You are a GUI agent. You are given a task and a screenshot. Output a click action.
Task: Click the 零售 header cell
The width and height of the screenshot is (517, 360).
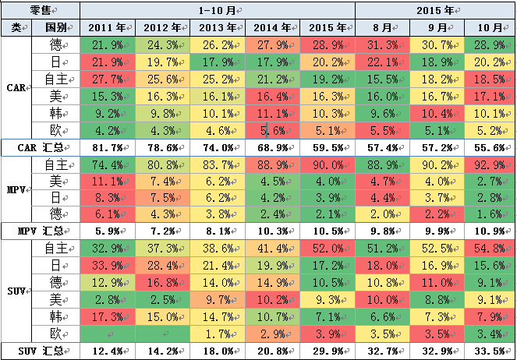click(41, 10)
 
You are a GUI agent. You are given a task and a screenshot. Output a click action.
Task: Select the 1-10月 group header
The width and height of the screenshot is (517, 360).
click(218, 10)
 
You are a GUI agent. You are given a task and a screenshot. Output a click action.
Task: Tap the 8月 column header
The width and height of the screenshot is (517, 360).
click(383, 27)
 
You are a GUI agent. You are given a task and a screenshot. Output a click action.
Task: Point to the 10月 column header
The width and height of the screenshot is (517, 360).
click(489, 27)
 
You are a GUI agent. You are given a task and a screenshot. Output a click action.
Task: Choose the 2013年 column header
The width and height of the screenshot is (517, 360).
click(218, 27)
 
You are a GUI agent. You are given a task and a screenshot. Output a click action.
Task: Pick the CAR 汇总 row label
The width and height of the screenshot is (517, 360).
click(41, 147)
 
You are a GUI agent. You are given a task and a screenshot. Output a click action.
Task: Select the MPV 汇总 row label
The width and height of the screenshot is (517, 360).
click(41, 231)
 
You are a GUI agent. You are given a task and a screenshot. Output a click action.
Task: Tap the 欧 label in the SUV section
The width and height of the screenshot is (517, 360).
click(55, 333)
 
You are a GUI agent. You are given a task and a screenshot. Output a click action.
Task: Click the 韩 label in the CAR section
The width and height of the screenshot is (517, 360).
click(55, 112)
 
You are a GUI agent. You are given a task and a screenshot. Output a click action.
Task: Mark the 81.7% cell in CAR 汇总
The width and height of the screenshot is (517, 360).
click(107, 147)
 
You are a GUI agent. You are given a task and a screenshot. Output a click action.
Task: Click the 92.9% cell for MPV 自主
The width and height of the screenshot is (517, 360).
click(489, 164)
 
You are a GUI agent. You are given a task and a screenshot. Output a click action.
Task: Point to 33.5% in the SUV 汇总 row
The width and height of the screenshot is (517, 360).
click(489, 350)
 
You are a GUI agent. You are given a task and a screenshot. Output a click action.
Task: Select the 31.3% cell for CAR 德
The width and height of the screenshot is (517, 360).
click(383, 44)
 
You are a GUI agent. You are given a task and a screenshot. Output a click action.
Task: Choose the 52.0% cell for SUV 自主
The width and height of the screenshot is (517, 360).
click(328, 249)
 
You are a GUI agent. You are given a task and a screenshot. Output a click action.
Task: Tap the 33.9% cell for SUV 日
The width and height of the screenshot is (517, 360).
click(107, 266)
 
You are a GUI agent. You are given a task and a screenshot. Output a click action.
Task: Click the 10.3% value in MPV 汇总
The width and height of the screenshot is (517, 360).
click(272, 231)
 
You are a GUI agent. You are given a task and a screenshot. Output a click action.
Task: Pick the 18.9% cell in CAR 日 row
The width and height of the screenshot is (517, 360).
click(436, 62)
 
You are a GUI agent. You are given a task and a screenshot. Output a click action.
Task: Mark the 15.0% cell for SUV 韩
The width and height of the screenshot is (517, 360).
click(162, 316)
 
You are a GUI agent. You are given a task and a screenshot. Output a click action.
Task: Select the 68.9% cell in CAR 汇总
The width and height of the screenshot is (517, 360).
click(272, 147)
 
